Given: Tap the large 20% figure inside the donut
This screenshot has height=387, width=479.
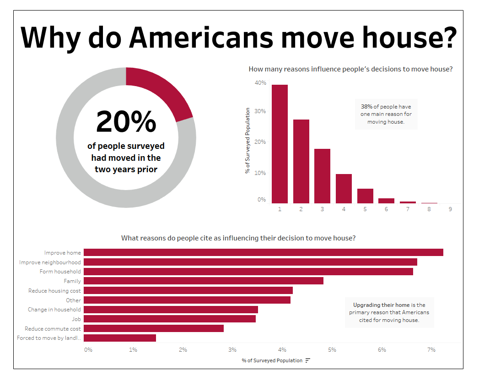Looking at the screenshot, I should click(x=126, y=122).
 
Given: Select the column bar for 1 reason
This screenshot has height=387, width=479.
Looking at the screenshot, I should click(x=280, y=144).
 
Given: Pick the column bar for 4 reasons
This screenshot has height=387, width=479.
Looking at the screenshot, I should click(x=344, y=189).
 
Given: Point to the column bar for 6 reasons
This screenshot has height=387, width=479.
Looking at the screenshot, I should click(x=386, y=201).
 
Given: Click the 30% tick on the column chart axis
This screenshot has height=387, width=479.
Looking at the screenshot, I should click(x=260, y=111).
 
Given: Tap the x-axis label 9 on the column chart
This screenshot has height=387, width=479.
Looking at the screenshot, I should click(x=450, y=209).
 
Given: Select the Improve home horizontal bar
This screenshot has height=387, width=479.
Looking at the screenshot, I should click(x=263, y=252).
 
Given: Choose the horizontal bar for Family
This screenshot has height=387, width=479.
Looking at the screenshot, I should click(x=203, y=281).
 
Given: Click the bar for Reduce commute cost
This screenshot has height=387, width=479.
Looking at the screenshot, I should click(x=153, y=328).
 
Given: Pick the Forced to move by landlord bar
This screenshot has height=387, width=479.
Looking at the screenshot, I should click(x=119, y=338).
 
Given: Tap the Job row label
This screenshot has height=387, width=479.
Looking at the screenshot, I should click(x=76, y=319).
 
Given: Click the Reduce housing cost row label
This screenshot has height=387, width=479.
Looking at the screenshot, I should click(x=54, y=291).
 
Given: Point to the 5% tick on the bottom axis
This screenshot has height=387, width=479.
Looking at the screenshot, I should click(x=332, y=350).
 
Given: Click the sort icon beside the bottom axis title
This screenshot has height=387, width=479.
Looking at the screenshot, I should click(x=308, y=360).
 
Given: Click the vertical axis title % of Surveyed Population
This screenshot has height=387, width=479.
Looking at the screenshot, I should click(x=247, y=141).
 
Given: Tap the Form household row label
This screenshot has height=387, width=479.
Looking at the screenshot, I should click(x=60, y=272).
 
